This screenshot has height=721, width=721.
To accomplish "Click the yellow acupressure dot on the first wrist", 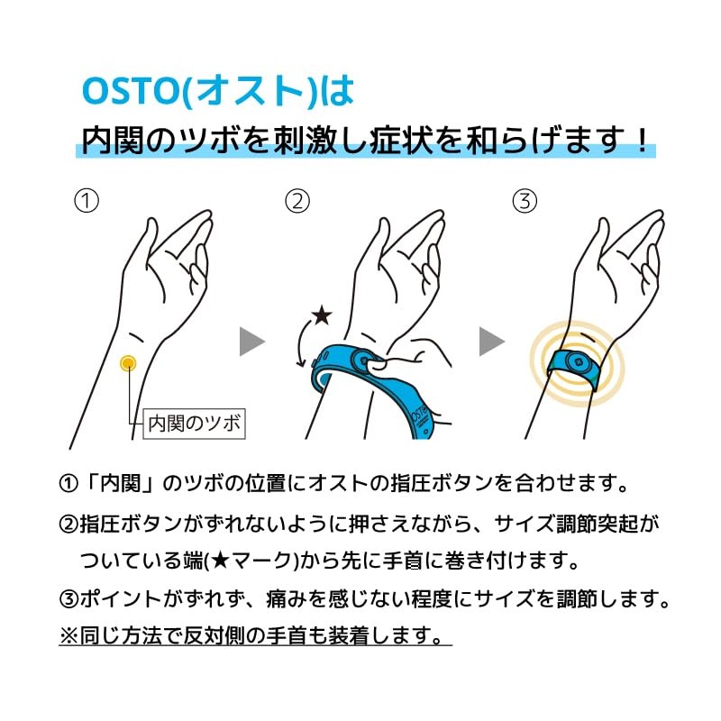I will click(128, 362).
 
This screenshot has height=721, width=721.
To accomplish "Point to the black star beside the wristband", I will click(321, 315).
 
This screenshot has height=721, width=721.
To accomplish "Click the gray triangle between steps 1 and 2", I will click(252, 342).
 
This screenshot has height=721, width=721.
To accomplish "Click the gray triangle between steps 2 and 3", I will click(491, 342).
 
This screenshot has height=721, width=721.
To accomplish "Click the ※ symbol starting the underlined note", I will click(69, 635).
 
